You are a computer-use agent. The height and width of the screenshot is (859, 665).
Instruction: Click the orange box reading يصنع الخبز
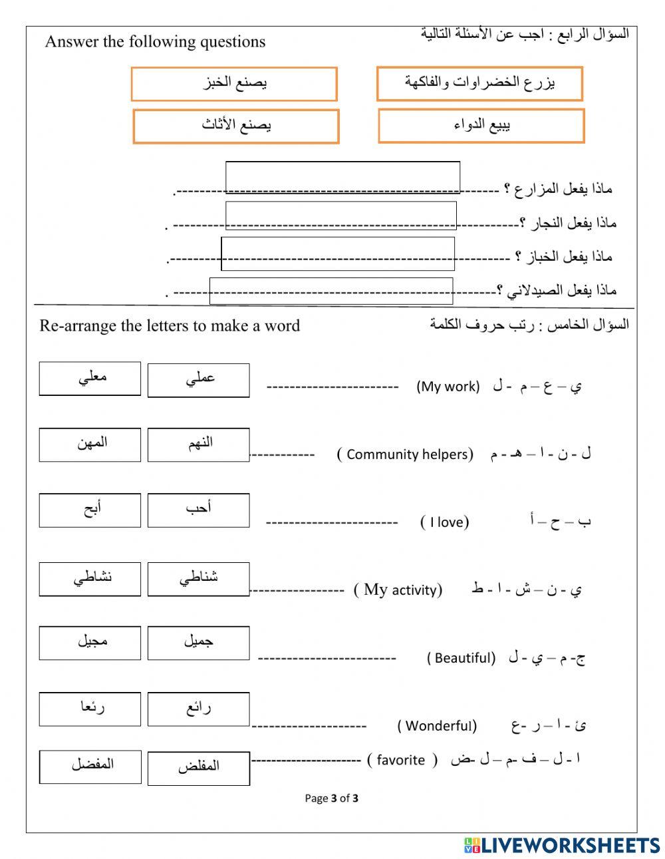tap(234, 84)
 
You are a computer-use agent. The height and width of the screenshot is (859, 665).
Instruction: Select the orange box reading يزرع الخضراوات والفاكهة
tap(479, 84)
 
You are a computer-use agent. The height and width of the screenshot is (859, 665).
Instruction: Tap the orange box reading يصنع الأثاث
tap(236, 126)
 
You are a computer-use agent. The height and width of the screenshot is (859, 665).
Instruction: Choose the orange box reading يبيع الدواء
tap(481, 126)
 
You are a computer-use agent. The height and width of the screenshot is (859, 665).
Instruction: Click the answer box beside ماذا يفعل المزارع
tap(342, 177)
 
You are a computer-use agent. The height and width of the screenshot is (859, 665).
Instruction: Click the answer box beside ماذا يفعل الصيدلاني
tap(331, 291)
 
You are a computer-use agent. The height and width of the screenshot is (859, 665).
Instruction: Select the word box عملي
tap(198, 380)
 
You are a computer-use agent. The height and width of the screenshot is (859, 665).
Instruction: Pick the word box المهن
tap(90, 444)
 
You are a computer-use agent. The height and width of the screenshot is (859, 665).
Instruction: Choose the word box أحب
tap(198, 510)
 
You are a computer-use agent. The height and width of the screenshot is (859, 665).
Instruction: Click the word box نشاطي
tap(90, 579)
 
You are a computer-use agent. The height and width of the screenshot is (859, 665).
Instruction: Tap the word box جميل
tap(198, 642)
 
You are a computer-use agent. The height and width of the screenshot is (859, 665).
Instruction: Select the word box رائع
tap(198, 709)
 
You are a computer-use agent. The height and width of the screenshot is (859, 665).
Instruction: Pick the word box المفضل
tap(90, 767)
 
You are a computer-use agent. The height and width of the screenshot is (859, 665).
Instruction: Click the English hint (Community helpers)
tap(405, 454)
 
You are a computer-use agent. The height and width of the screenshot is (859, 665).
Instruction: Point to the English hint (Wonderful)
tap(437, 725)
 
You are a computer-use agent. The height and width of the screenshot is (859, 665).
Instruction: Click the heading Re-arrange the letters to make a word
tap(170, 325)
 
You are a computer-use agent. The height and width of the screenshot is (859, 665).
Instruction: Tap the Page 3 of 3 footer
tap(331, 798)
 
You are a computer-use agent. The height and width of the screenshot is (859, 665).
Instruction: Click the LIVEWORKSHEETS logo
tap(561, 845)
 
